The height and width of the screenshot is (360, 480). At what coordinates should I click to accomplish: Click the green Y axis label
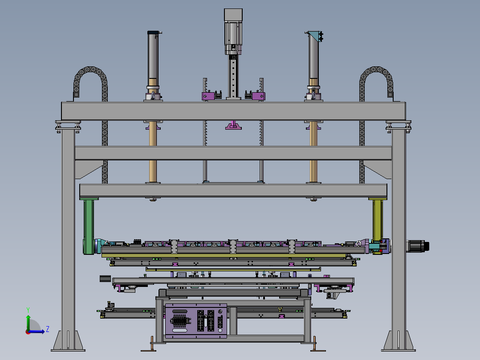(28, 310)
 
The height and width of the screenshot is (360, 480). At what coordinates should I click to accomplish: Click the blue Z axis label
(48, 329)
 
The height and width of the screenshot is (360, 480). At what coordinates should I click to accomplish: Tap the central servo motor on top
(233, 32)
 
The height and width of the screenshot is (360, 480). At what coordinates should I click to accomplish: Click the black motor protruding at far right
(418, 246)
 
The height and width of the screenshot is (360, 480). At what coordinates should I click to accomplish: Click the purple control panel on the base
(196, 321)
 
